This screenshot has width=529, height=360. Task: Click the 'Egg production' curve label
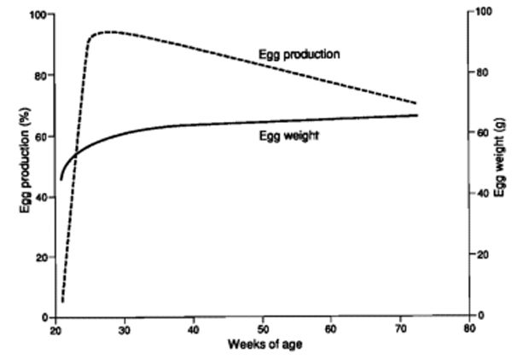click(x=299, y=55)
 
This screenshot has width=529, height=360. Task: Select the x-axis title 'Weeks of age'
click(x=264, y=344)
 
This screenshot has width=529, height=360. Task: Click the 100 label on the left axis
click(x=38, y=15)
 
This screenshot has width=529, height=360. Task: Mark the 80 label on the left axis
click(x=40, y=75)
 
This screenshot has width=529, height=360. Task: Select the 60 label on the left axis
click(x=40, y=136)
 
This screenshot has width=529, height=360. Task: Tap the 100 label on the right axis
click(x=485, y=11)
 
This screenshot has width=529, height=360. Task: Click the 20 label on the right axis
click(x=484, y=255)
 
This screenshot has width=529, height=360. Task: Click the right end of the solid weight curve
click(x=417, y=114)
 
